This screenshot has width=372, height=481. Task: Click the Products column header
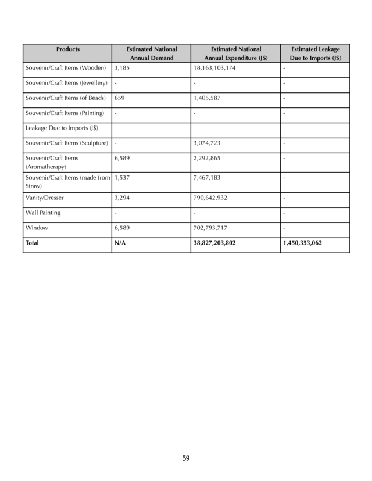pyautogui.click(x=68, y=49)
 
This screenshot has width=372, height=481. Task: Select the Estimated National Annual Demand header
pyautogui.click(x=151, y=53)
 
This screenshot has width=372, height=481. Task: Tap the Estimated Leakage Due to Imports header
pyautogui.click(x=316, y=53)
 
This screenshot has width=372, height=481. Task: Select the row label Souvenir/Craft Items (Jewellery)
pyautogui.click(x=66, y=83)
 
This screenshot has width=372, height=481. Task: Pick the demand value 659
pyautogui.click(x=119, y=98)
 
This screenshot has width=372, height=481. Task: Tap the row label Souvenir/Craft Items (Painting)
pyautogui.click(x=65, y=113)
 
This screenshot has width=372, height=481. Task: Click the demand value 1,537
pyautogui.click(x=121, y=177)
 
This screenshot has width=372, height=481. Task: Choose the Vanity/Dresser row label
pyautogui.click(x=45, y=198)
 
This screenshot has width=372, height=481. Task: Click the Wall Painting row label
pyautogui.click(x=43, y=213)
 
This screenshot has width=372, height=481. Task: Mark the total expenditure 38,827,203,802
pyautogui.click(x=214, y=243)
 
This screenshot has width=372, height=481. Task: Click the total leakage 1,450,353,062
pyautogui.click(x=302, y=243)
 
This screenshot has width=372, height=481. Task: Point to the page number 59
pyautogui.click(x=186, y=458)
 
